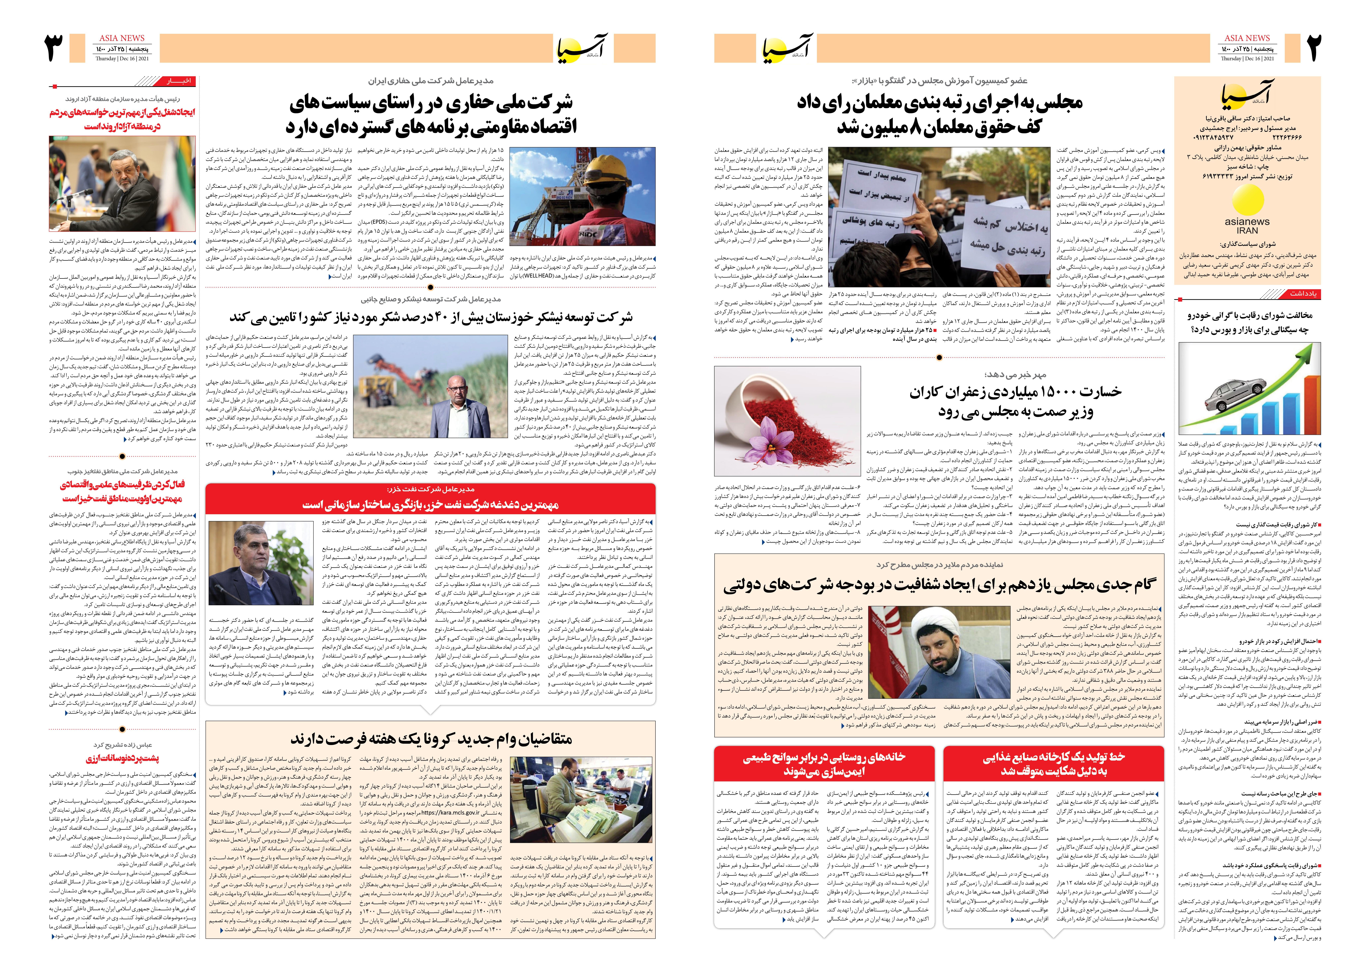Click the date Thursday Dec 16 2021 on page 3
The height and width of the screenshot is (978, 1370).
122,58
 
